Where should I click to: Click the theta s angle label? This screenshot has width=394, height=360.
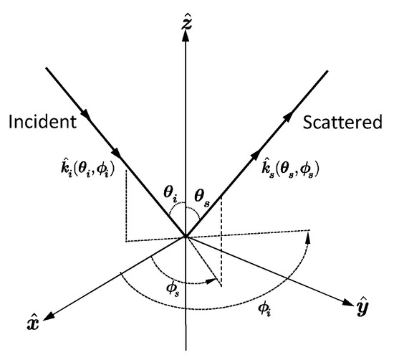point(204,191)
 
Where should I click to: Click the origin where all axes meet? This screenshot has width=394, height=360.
point(186,236)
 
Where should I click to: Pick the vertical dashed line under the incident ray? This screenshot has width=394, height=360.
point(126,208)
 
